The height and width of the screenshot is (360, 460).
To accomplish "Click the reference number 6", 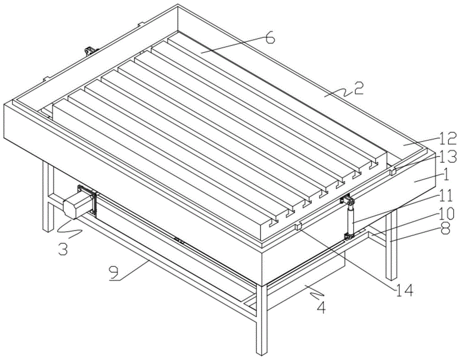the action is point(270,38).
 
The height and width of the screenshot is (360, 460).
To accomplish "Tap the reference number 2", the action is point(358,88).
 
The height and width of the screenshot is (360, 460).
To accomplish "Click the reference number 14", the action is point(403,290).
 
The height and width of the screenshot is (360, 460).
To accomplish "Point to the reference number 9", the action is point(114,273).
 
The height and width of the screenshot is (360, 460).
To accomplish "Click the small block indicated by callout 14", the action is point(299,226).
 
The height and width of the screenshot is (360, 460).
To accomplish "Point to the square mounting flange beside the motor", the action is point(87,201).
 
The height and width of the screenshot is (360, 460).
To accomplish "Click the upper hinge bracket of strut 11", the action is point(348,201).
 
